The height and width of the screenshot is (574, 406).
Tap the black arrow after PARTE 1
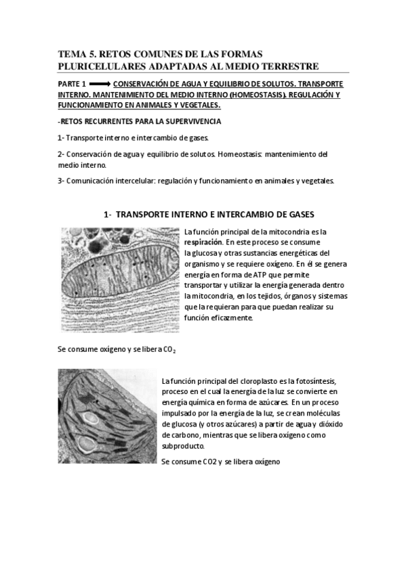(99, 85)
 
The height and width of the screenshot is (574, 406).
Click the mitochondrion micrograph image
(120, 280)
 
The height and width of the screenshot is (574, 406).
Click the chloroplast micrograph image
(106, 425)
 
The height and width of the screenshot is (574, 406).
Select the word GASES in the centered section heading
(299, 215)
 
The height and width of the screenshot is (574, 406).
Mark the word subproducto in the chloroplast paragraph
(183, 447)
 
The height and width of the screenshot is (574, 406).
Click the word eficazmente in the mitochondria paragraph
(230, 317)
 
